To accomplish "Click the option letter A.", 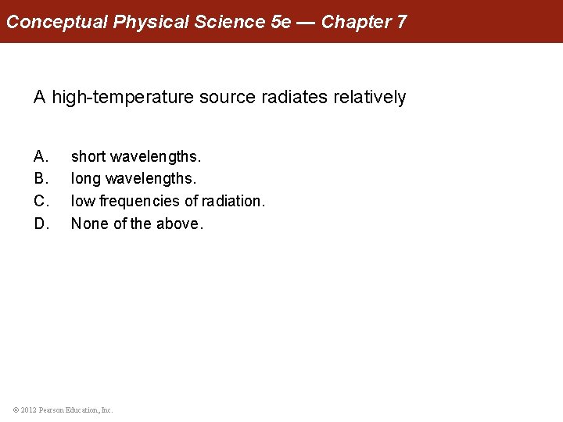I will click(x=41, y=157).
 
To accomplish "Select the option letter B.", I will click(x=41, y=179).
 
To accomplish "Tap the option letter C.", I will click(x=41, y=201).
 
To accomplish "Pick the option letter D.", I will click(x=41, y=224).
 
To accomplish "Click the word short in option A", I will click(x=88, y=157).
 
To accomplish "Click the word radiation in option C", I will click(x=232, y=201).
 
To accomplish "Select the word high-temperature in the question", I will click(x=124, y=98).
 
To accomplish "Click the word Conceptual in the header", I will click(x=57, y=21).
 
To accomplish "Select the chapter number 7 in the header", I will click(x=401, y=21).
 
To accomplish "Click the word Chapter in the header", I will click(x=356, y=21).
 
